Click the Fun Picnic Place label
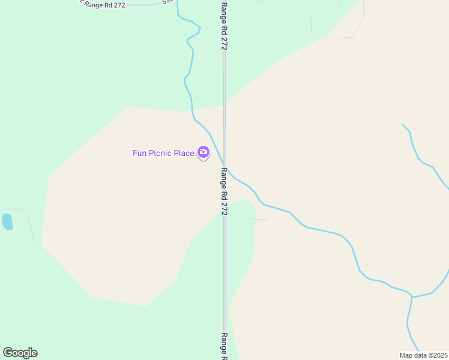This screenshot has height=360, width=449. click(x=163, y=153)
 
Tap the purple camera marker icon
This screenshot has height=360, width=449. click(x=203, y=152)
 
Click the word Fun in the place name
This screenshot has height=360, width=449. click(x=139, y=153)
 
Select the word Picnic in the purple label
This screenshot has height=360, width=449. click(x=159, y=153)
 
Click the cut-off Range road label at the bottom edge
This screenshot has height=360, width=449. click(x=224, y=346)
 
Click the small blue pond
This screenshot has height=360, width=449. click(x=7, y=221)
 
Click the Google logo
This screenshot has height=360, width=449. click(x=20, y=353)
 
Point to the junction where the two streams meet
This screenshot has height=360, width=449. click(x=412, y=296)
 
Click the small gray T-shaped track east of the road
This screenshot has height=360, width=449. click(x=260, y=220)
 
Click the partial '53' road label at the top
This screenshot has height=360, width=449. click(x=167, y=2)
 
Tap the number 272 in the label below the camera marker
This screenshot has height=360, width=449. click(x=224, y=207)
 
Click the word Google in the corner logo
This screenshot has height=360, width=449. click(x=20, y=353)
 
